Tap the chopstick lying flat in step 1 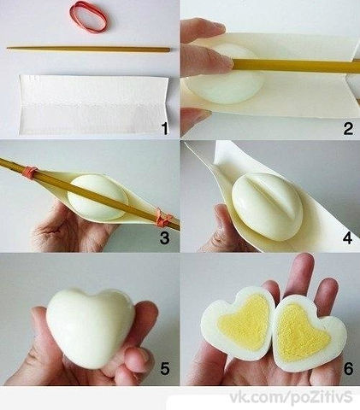coord(88,49)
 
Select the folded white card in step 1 coord(94,105)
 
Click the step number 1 coord(164,128)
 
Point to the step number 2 coord(348,129)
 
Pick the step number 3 coord(164,238)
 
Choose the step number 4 coord(347,238)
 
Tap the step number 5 coord(165,369)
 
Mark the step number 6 coord(348,369)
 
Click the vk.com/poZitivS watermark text coord(291,397)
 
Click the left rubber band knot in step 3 coord(31,172)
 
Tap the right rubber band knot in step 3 coord(163,218)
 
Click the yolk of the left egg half coord(245,320)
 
